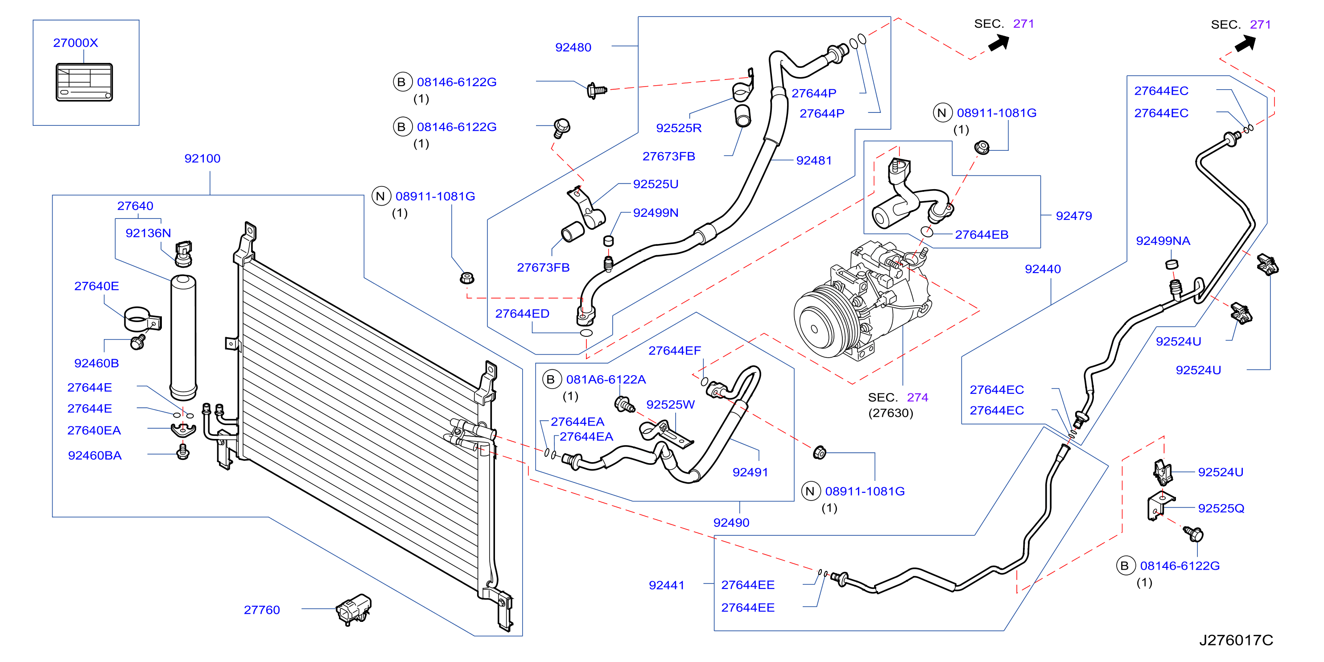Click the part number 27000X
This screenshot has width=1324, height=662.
(x=75, y=43)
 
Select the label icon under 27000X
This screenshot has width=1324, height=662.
(x=84, y=82)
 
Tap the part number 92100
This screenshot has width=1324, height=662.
(x=202, y=158)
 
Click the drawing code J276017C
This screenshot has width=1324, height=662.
(x=1236, y=640)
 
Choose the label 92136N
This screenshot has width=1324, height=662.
(x=148, y=233)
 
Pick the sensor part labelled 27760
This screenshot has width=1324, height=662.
(x=354, y=609)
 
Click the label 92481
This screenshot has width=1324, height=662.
(x=814, y=160)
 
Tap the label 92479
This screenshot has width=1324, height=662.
(x=1074, y=216)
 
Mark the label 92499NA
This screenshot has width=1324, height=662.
(x=1163, y=240)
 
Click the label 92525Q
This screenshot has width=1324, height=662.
(x=1221, y=509)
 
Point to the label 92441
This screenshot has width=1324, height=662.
(x=667, y=585)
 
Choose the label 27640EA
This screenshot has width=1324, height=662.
(x=94, y=430)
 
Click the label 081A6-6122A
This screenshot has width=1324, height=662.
(x=606, y=379)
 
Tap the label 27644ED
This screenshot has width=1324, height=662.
(x=522, y=314)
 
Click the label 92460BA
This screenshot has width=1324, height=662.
(x=95, y=455)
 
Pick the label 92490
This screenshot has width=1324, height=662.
(x=731, y=523)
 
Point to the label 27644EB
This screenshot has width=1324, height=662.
(x=982, y=234)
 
